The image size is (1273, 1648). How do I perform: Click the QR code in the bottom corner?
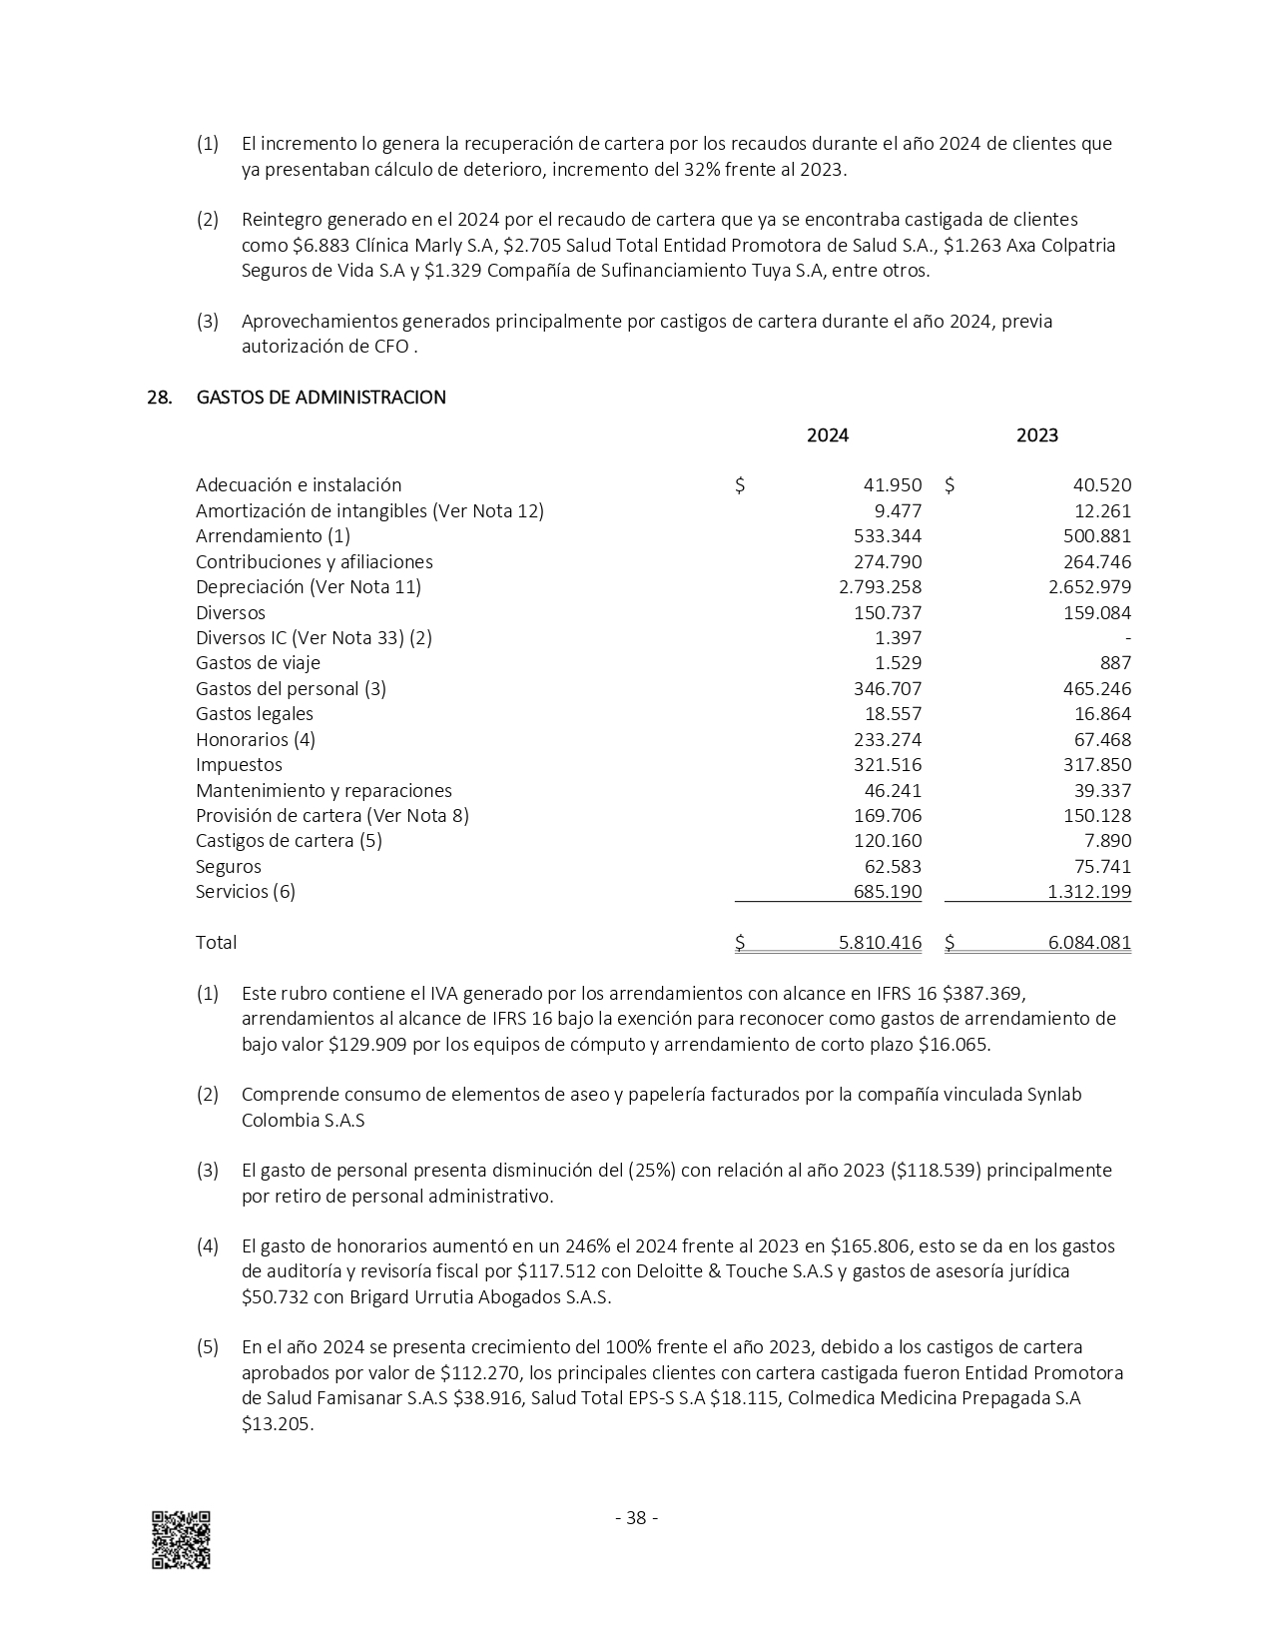[181, 1539]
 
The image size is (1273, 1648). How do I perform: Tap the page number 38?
[636, 1518]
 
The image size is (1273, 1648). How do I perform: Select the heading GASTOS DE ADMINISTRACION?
[320, 398]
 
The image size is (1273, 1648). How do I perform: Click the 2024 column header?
[827, 435]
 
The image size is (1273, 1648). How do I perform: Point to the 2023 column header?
[1036, 435]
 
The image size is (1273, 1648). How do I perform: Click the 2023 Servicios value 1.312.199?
[1089, 892]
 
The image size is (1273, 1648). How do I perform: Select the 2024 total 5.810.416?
[880, 943]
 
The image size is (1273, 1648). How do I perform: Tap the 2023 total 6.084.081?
[1089, 943]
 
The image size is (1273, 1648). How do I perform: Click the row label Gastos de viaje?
[258, 663]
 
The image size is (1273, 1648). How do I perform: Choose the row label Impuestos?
[239, 765]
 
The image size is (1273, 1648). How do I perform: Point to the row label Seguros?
[228, 867]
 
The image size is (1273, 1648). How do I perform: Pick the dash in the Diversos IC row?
[1127, 638]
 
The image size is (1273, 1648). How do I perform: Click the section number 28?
[159, 398]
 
